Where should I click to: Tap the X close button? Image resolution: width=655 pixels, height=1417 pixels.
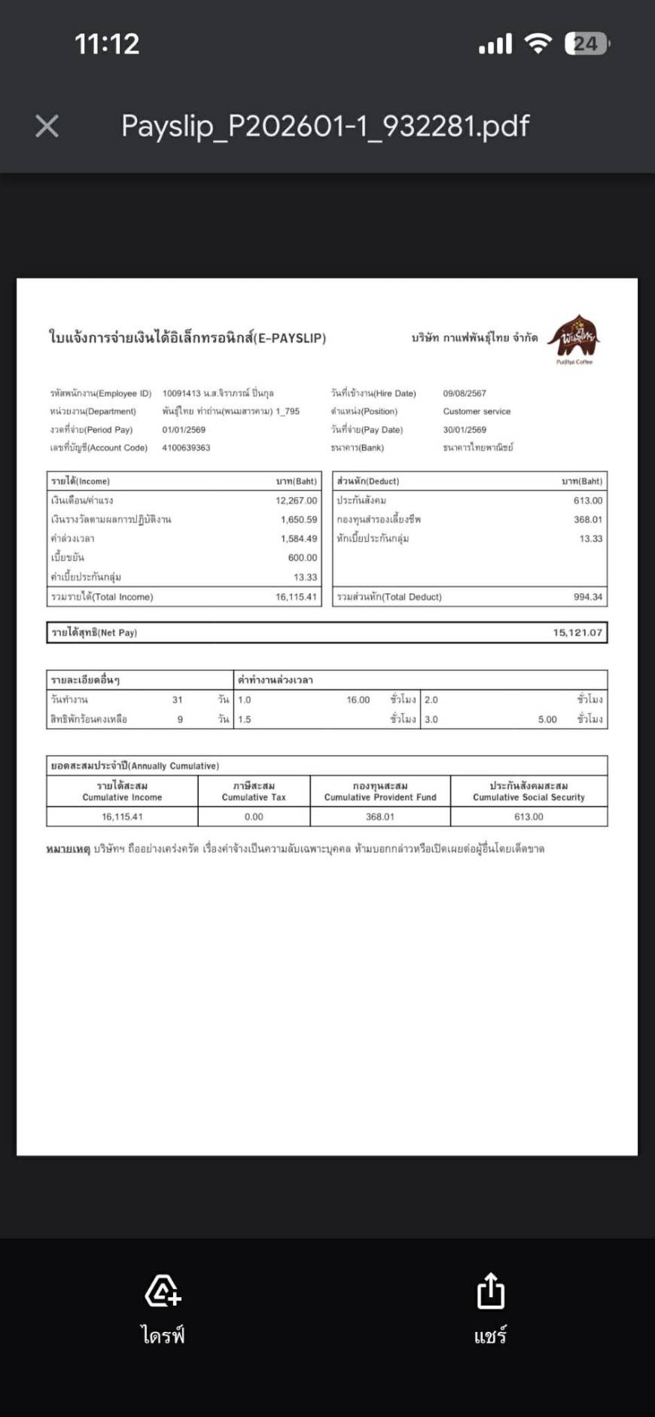click(47, 126)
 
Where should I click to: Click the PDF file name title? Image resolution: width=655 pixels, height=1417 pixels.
click(325, 126)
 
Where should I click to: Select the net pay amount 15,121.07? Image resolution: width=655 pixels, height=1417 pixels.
click(577, 632)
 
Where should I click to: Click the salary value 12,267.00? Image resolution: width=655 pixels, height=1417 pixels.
click(296, 501)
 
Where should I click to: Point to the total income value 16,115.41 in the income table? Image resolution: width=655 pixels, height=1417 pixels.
click(296, 597)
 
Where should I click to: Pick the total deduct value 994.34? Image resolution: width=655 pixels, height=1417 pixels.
click(587, 597)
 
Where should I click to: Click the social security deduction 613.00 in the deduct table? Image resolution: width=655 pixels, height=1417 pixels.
click(587, 501)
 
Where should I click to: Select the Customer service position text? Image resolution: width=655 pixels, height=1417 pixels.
click(477, 412)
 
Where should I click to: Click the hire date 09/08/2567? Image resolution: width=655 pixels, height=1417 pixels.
click(465, 394)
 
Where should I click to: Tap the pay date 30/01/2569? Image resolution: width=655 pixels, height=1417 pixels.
click(465, 430)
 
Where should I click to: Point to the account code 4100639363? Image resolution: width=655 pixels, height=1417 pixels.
click(186, 448)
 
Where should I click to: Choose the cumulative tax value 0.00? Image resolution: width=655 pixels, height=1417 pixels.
click(254, 817)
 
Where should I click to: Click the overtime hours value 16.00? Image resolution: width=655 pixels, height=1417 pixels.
click(358, 700)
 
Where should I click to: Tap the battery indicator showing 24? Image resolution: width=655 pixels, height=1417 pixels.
click(586, 44)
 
